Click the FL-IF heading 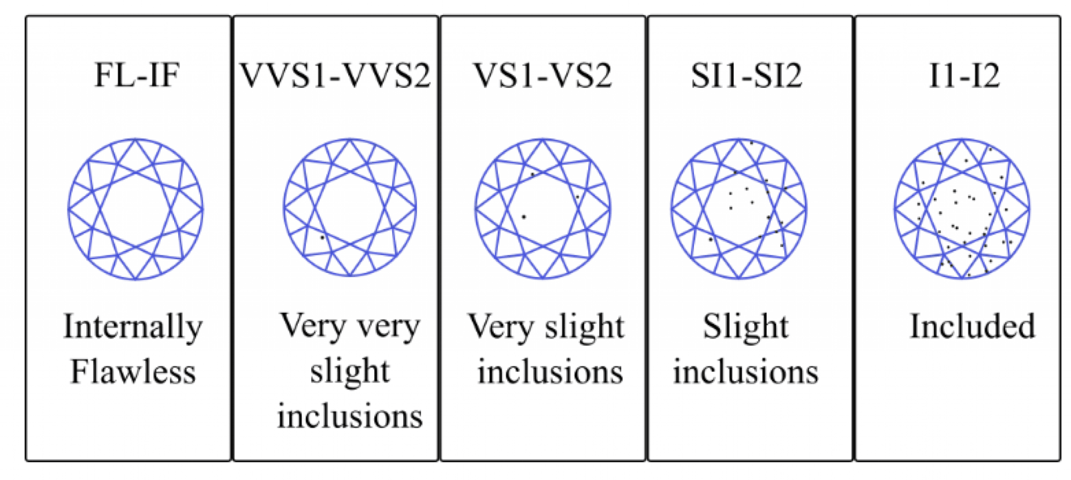[x=137, y=76]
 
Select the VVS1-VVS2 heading [x=335, y=76]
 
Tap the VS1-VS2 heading [x=542, y=76]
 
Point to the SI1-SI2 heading [x=746, y=76]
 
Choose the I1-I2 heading [x=964, y=76]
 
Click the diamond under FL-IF [x=135, y=209]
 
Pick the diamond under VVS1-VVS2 [x=350, y=208]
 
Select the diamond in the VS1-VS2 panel [x=542, y=209]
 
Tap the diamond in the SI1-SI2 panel [x=739, y=209]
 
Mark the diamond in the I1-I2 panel [x=962, y=209]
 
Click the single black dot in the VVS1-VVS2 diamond [x=322, y=237]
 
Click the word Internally [x=133, y=327]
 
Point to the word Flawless [x=133, y=372]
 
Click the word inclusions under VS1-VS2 [x=550, y=372]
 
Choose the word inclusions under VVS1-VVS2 [x=350, y=416]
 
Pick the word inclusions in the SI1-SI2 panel [x=745, y=372]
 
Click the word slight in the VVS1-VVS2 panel [x=350, y=372]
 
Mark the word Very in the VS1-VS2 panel [x=501, y=327]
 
